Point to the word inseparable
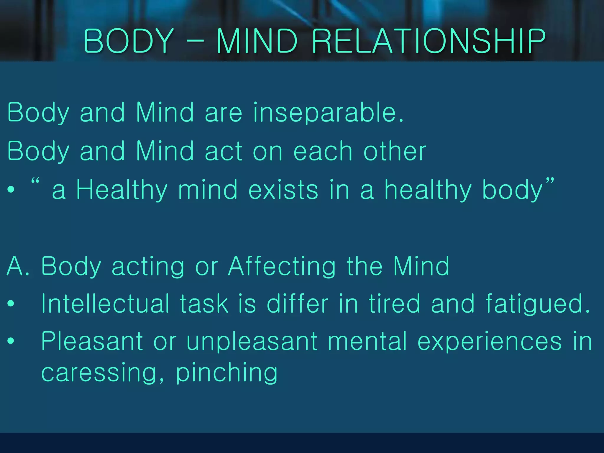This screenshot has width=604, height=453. click(328, 114)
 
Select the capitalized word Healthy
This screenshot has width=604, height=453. click(122, 191)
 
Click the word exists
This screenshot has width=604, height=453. click(283, 190)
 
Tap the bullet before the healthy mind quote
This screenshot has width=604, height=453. click(11, 189)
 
